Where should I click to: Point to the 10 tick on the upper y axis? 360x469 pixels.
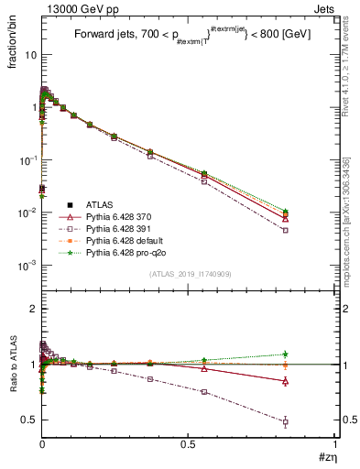coord(29,55)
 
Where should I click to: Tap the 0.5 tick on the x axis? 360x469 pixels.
coord(188,445)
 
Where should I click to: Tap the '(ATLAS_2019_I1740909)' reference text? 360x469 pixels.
coord(188,275)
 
